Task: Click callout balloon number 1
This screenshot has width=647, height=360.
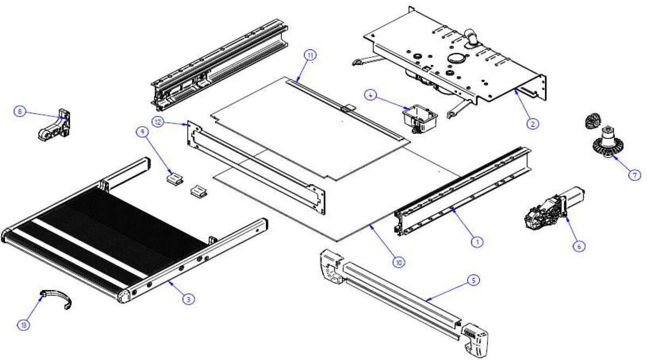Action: (477, 243)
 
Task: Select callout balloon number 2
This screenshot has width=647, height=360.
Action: (532, 123)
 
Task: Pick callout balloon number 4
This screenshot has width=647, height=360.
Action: (370, 94)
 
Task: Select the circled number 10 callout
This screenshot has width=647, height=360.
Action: (398, 262)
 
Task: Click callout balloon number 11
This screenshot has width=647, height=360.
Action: (310, 55)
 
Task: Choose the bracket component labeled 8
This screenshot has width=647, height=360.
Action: (54, 126)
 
